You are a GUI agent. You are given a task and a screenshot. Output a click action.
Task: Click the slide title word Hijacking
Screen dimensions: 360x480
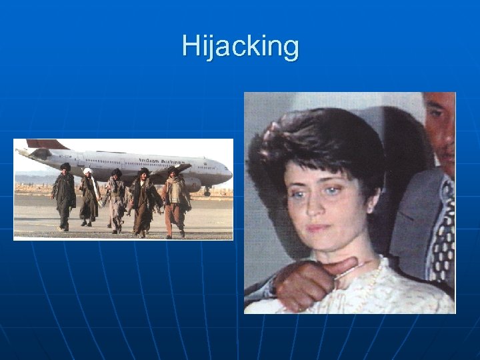point(241,47)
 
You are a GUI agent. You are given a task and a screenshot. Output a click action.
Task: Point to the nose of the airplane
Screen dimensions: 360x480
point(229,173)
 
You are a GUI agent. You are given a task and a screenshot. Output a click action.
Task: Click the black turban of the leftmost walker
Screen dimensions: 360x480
point(65,167)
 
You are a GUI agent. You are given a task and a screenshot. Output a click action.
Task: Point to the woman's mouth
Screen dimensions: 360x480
point(319,228)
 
